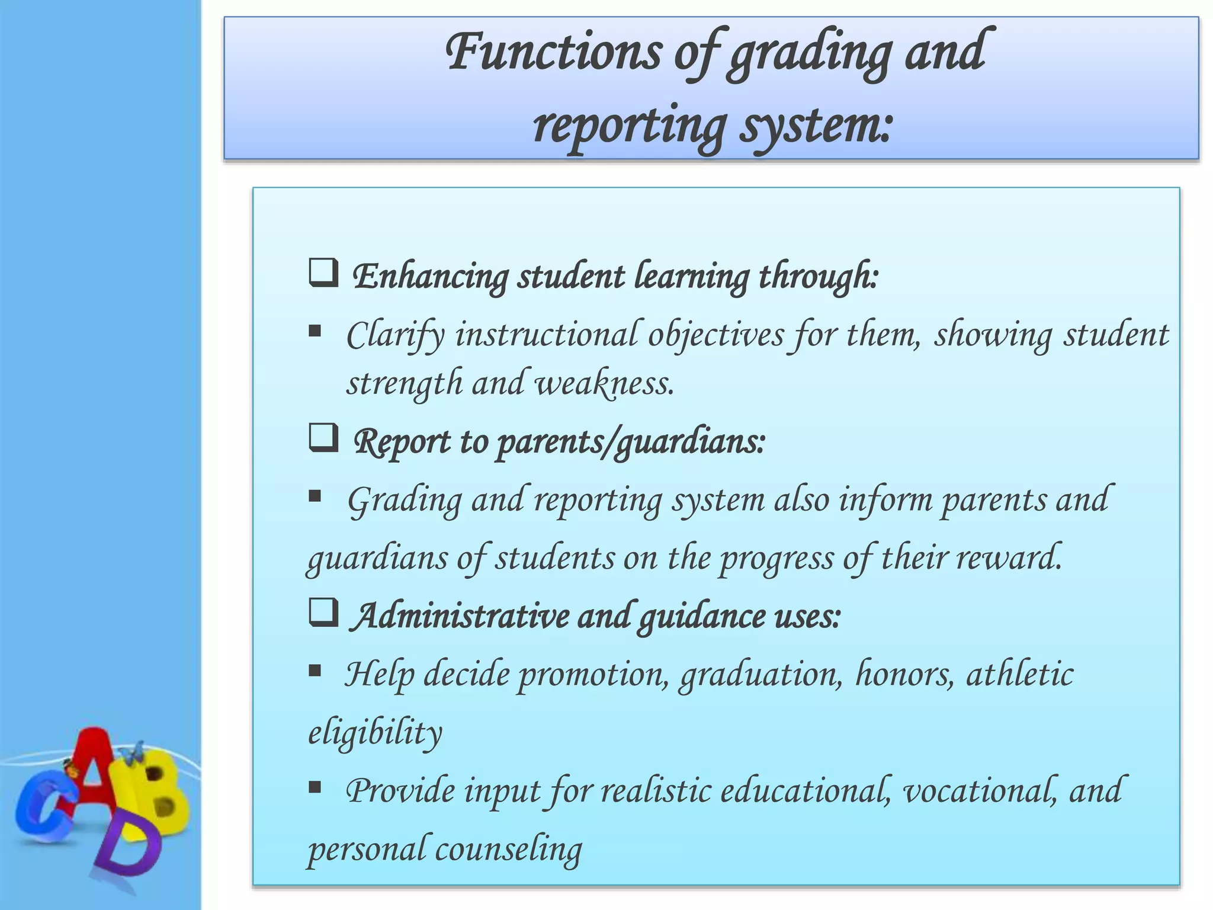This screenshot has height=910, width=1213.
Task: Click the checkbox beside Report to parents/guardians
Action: click(x=323, y=438)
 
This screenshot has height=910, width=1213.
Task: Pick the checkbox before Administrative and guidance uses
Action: click(x=323, y=613)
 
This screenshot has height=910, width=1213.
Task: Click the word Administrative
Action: click(x=461, y=616)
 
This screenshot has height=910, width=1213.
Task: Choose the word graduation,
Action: click(x=760, y=675)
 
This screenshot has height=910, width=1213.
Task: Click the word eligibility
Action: click(x=375, y=733)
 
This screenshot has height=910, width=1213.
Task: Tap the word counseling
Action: click(x=509, y=850)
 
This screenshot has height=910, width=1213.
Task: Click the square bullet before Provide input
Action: click(x=315, y=787)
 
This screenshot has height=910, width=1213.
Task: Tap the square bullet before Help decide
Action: click(x=315, y=671)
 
